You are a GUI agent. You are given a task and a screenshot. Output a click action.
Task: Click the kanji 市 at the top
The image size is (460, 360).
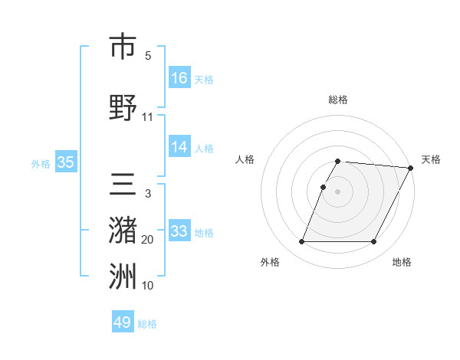(123, 47)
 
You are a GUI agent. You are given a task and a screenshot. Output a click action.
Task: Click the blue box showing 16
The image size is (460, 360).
(179, 77)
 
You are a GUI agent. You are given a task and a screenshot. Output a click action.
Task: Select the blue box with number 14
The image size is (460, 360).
(179, 147)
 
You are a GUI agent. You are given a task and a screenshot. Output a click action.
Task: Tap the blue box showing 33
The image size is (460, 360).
(179, 231)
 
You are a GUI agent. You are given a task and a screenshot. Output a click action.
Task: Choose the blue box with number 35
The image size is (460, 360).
(65, 162)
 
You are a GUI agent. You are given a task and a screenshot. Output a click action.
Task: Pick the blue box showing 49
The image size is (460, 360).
(122, 322)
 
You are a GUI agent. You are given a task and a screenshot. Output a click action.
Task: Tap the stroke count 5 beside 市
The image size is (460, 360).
(147, 56)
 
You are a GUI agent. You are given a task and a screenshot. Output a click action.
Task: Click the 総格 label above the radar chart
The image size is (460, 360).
(338, 100)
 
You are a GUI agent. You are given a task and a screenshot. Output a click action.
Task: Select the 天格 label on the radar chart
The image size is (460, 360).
(431, 159)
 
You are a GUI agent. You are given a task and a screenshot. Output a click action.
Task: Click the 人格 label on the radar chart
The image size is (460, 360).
(245, 159)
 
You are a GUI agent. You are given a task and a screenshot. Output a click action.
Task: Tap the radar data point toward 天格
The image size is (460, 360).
(410, 168)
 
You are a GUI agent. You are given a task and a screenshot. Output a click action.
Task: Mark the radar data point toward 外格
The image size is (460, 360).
(301, 242)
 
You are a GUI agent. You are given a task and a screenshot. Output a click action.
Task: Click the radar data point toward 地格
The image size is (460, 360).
(374, 242)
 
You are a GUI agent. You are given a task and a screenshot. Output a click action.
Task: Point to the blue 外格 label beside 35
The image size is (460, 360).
(40, 163)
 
